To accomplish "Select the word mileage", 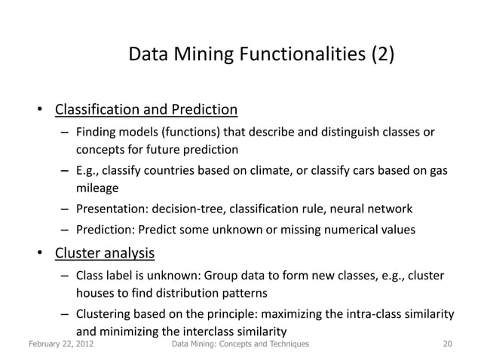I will click(97, 188).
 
